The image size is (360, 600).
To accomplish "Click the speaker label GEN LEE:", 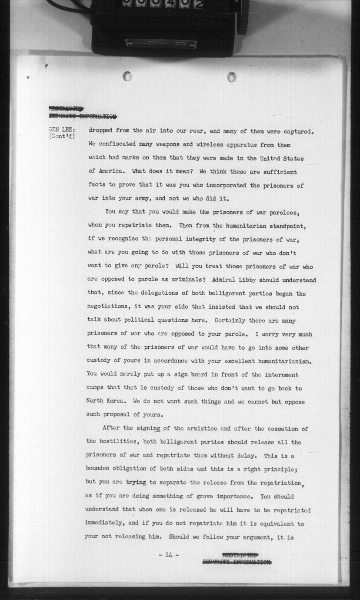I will click(62, 130).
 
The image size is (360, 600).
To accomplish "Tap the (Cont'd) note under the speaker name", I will click(62, 137).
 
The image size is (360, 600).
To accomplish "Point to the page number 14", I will click(169, 554).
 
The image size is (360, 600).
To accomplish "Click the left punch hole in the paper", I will click(127, 76).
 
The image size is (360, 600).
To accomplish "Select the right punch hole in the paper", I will click(232, 77).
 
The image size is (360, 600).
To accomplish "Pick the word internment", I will click(281, 375).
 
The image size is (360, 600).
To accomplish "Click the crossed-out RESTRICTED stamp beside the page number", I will click(240, 555).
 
